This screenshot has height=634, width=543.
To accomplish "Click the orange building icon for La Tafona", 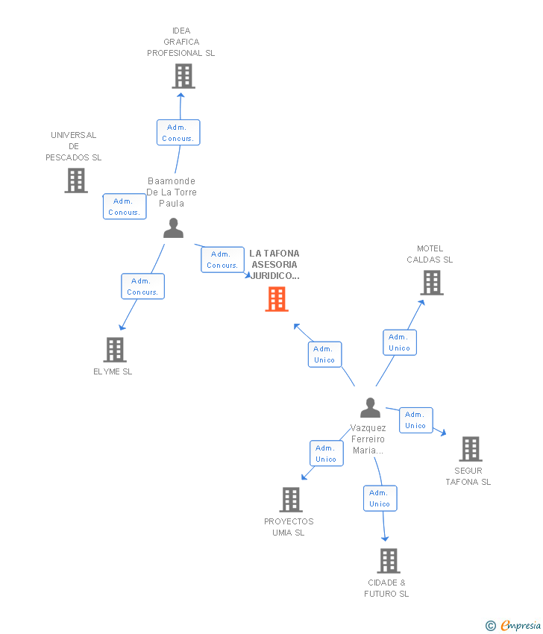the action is pyautogui.click(x=277, y=299).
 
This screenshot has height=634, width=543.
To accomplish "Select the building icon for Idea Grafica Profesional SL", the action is pyautogui.click(x=183, y=76).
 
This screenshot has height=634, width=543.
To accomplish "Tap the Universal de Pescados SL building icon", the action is pyautogui.click(x=76, y=181).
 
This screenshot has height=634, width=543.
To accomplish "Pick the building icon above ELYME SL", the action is pyautogui.click(x=115, y=350).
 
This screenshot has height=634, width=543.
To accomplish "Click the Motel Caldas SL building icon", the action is pyautogui.click(x=432, y=283).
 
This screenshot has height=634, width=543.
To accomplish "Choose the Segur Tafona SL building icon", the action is pyautogui.click(x=471, y=449).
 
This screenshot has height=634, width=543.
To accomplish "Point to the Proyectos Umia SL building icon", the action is pyautogui.click(x=291, y=500).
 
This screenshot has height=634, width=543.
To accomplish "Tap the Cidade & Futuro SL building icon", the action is pyautogui.click(x=389, y=561).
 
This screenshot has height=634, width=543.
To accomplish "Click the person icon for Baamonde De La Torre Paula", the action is pyautogui.click(x=174, y=227).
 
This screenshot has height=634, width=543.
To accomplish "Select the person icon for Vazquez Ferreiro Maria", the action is pyautogui.click(x=371, y=407).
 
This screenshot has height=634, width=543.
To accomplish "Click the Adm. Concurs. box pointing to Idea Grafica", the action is pyautogui.click(x=178, y=132).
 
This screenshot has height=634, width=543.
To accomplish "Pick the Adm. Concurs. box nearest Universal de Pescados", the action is pyautogui.click(x=125, y=206).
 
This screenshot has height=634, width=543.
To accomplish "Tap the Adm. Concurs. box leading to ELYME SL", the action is pyautogui.click(x=142, y=286).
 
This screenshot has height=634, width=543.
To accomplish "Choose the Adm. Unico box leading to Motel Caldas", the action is pyautogui.click(x=400, y=342).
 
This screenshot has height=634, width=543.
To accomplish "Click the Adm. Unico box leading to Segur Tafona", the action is pyautogui.click(x=416, y=420).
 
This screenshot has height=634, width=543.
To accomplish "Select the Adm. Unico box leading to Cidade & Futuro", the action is pyautogui.click(x=380, y=498).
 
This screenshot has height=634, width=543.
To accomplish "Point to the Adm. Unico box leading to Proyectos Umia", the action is pyautogui.click(x=327, y=453).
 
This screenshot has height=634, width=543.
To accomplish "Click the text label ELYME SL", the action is pyautogui.click(x=113, y=371).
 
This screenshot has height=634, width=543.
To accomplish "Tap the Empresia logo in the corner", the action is pyautogui.click(x=513, y=626).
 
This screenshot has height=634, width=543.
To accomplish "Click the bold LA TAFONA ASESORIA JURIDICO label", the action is pyautogui.click(x=274, y=265).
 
